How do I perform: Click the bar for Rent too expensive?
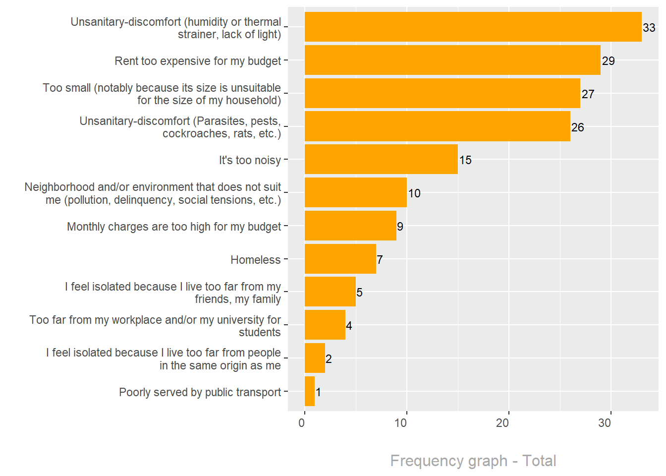point(452,60)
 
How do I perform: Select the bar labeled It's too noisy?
point(381,160)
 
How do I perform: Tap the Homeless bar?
point(340,259)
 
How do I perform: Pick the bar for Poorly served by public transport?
point(310,391)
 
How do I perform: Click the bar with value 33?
point(473,27)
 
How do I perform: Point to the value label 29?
point(609,61)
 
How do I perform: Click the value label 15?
point(465,160)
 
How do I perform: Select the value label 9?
point(400,227)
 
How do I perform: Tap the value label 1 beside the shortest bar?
point(318,392)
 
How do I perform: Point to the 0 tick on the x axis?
point(302,423)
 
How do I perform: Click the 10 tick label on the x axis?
point(400,423)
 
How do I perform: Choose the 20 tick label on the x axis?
point(502,423)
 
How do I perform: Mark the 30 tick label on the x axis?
point(605,423)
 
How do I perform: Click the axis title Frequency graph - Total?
point(473,461)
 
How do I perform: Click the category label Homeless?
point(256,260)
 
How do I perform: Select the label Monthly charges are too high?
point(174,227)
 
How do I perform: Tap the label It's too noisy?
point(250,160)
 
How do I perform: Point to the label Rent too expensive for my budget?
point(198,61)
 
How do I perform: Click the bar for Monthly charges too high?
point(350,226)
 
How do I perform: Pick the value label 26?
point(578,127)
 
